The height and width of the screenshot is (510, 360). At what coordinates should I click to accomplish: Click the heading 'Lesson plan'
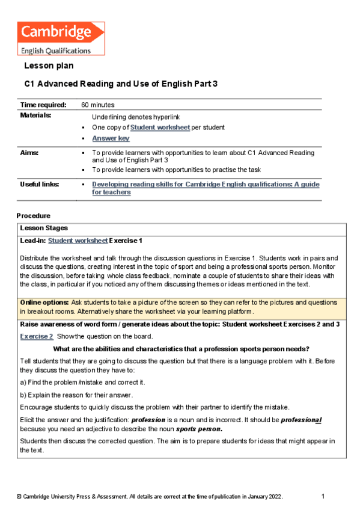point(49,66)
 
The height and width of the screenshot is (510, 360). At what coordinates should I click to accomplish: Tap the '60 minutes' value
point(99,105)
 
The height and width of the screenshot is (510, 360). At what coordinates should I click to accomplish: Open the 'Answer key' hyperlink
point(111,138)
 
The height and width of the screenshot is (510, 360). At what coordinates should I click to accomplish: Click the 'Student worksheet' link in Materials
point(160,127)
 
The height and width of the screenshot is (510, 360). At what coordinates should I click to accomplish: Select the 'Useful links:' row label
point(40,184)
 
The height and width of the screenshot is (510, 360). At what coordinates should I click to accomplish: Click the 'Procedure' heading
point(34,215)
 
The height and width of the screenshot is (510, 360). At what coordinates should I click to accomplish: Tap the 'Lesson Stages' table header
point(44,228)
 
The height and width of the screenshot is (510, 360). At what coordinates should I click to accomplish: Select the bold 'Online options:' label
point(44,302)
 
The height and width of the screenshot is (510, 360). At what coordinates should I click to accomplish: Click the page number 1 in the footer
point(323,496)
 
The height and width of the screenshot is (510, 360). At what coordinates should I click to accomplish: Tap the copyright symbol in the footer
point(19,497)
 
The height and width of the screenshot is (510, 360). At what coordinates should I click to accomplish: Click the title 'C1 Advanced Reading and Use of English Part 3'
point(121,84)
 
